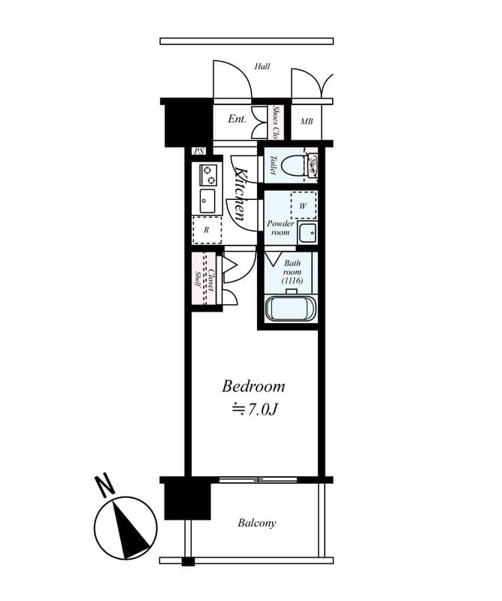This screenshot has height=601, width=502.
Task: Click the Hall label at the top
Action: point(262,66)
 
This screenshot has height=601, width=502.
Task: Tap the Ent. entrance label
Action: point(237,119)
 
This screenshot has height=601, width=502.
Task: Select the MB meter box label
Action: point(307,122)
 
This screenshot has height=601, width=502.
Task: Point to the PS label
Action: point(198,152)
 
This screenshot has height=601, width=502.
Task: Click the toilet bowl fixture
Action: point(311,165)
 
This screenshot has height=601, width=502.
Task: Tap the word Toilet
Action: point(273,165)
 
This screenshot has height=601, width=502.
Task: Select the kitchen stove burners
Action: point(208,175)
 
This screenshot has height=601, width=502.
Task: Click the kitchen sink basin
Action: point(207,201)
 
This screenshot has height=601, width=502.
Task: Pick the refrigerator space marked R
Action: point(207,230)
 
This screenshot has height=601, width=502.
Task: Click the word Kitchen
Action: point(241,193)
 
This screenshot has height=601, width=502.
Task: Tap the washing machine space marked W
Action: point(304,205)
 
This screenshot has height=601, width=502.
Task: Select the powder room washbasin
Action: point(307,232)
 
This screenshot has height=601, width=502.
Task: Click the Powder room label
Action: point(280,228)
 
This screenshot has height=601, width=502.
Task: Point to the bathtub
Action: point(291,310)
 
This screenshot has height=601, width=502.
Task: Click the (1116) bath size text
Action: point(292,280)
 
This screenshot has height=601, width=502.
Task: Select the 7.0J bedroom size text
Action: point(255,410)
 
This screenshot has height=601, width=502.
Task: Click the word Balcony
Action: point(257,523)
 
